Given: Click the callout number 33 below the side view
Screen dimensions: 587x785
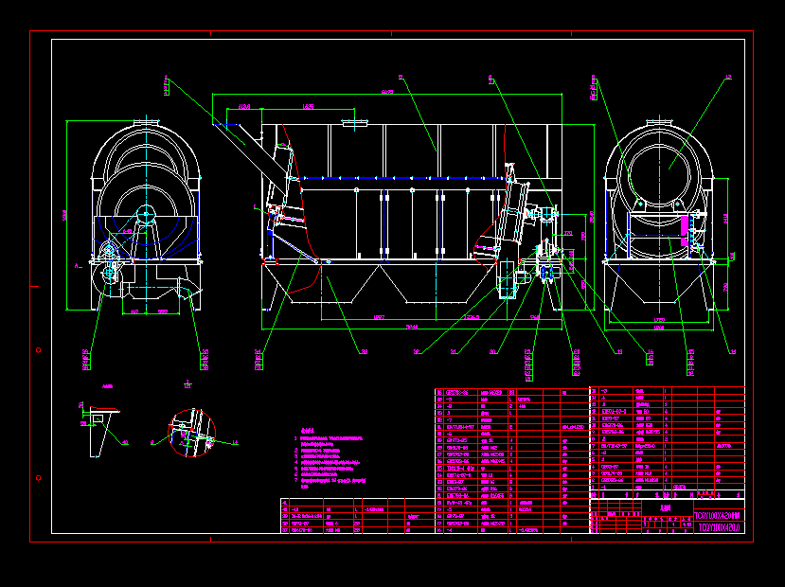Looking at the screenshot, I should coord(364,352).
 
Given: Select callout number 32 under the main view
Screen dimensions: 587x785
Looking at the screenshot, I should coord(416,352).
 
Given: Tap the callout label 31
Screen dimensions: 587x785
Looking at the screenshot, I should coord(454,352).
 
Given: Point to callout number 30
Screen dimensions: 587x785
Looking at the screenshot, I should coord(493,352).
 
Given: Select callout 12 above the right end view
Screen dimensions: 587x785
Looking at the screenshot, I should coord(728,79).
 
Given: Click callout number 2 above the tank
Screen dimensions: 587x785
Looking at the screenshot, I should coord(401,79).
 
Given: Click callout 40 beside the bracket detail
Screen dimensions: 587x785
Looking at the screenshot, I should coord(126,441).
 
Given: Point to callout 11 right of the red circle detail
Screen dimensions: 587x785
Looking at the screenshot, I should coord(236,441).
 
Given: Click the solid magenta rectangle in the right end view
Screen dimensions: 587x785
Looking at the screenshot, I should coord(685,224).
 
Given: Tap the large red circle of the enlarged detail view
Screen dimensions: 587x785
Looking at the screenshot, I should coord(192,434).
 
